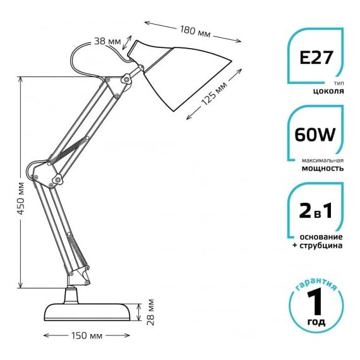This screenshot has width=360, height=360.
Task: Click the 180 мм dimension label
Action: coord(195,32)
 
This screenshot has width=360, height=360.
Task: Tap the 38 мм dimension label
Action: coord(107,41)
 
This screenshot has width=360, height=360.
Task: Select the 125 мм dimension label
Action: coord(214,93)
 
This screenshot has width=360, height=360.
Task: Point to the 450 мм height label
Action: coord(21,198)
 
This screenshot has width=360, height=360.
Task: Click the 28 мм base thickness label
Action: coord(150,312)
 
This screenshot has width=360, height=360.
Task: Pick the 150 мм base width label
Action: coord(87,336)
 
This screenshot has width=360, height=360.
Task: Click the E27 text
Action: coord(316,57)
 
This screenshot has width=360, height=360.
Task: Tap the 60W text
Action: coord(315,135)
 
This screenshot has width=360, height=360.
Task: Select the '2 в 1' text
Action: coord(316,211)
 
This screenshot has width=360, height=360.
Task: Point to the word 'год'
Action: coord(316,321)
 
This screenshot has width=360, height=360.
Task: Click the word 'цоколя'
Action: coord(328,91)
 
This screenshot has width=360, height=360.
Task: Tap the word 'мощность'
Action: coord(323,168)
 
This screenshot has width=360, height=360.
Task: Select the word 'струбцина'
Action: coord(321,246)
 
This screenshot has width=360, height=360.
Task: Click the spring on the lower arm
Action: coord(78,251)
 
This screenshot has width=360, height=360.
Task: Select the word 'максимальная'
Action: coord(323,160)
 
